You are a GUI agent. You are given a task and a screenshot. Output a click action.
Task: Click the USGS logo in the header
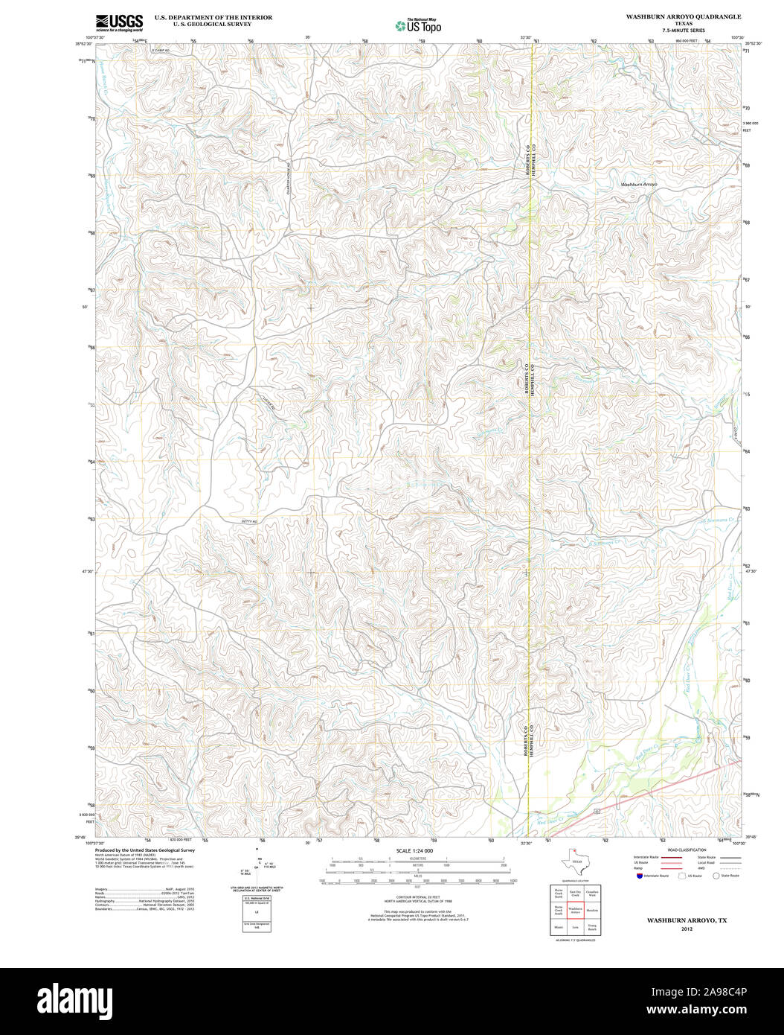coord(119,22)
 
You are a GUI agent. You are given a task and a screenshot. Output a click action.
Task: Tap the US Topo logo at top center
coord(419,25)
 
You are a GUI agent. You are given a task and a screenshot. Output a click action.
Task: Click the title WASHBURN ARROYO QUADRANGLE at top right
coord(683,16)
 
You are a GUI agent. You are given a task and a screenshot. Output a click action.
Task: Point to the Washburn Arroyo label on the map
coord(639,184)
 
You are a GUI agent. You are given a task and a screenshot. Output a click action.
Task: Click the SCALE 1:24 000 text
coord(414,850)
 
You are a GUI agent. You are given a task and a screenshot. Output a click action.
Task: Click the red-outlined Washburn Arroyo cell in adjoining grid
coord(574,910)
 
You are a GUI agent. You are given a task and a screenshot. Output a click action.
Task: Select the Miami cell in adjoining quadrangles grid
coord(558,928)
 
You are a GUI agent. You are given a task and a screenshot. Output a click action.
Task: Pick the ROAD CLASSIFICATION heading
coord(687,850)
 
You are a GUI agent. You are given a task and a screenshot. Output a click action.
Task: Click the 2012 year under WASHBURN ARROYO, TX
coord(687,929)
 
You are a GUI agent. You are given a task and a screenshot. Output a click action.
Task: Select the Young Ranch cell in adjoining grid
coord(592,928)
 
